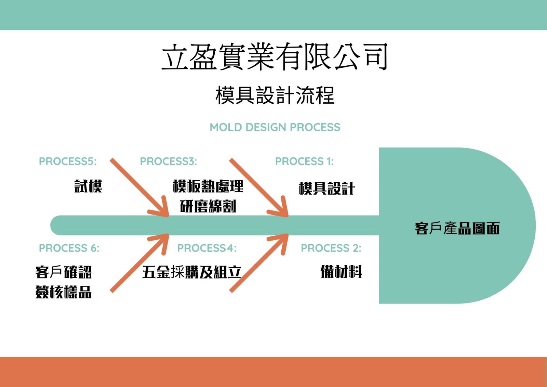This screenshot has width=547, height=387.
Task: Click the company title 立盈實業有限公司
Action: [x=275, y=57]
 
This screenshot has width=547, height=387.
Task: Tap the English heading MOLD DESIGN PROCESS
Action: [x=275, y=127]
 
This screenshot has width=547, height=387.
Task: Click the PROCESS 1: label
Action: [x=304, y=162]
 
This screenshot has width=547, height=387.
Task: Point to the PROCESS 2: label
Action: [x=331, y=248]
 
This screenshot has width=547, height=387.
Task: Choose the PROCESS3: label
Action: [x=168, y=162]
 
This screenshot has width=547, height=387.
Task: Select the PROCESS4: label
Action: [x=207, y=248]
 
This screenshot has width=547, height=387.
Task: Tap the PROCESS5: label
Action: [x=68, y=162]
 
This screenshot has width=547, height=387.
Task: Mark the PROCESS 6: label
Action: [x=69, y=248]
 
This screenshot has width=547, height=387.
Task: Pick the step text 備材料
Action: [x=341, y=271]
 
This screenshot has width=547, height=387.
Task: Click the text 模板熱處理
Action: [x=208, y=186]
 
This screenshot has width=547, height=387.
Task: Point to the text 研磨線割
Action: [x=208, y=206]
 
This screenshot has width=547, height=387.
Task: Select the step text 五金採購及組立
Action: [x=192, y=272]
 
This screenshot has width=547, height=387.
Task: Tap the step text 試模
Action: [x=88, y=186]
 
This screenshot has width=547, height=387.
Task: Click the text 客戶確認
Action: [x=64, y=272]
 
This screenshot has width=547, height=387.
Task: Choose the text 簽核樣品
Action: [x=64, y=292]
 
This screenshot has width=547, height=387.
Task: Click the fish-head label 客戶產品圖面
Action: [x=457, y=228]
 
